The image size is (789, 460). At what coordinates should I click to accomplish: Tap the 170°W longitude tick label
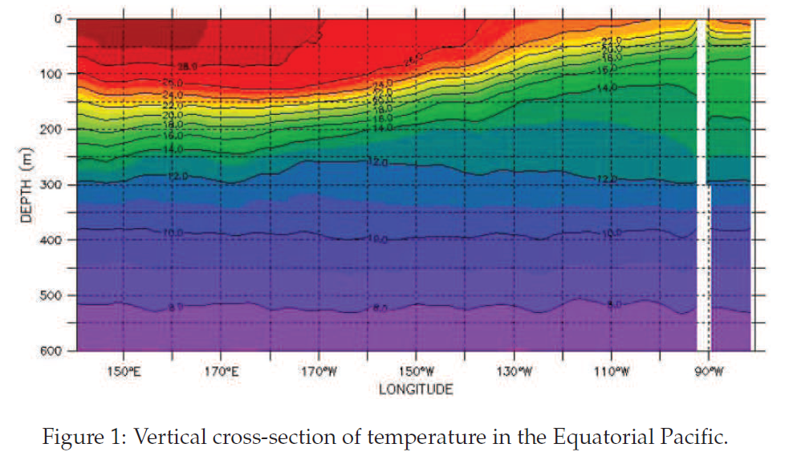319,372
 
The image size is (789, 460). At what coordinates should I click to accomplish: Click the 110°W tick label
611,372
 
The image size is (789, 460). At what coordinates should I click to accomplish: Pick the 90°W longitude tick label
707,372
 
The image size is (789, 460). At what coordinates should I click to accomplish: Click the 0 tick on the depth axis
58,18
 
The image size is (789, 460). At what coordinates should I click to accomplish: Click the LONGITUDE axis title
416,389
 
